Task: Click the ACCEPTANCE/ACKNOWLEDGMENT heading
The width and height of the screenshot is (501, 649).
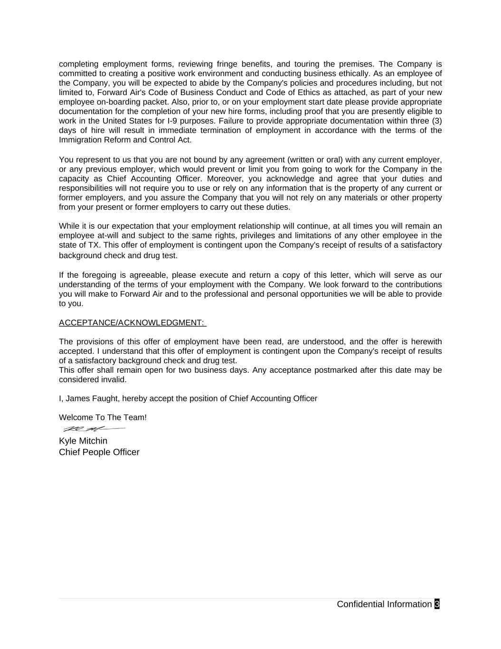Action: tap(132, 323)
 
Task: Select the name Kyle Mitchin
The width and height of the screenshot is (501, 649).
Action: tap(83, 441)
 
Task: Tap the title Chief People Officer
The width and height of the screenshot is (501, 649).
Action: tap(99, 452)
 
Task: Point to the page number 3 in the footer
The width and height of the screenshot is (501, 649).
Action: tap(437, 604)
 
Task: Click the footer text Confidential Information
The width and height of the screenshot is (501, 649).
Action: tap(384, 604)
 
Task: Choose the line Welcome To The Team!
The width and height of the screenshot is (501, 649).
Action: tap(103, 417)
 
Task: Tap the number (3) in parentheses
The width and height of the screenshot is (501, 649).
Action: tap(437, 121)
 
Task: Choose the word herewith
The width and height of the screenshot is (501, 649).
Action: tap(426, 342)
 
